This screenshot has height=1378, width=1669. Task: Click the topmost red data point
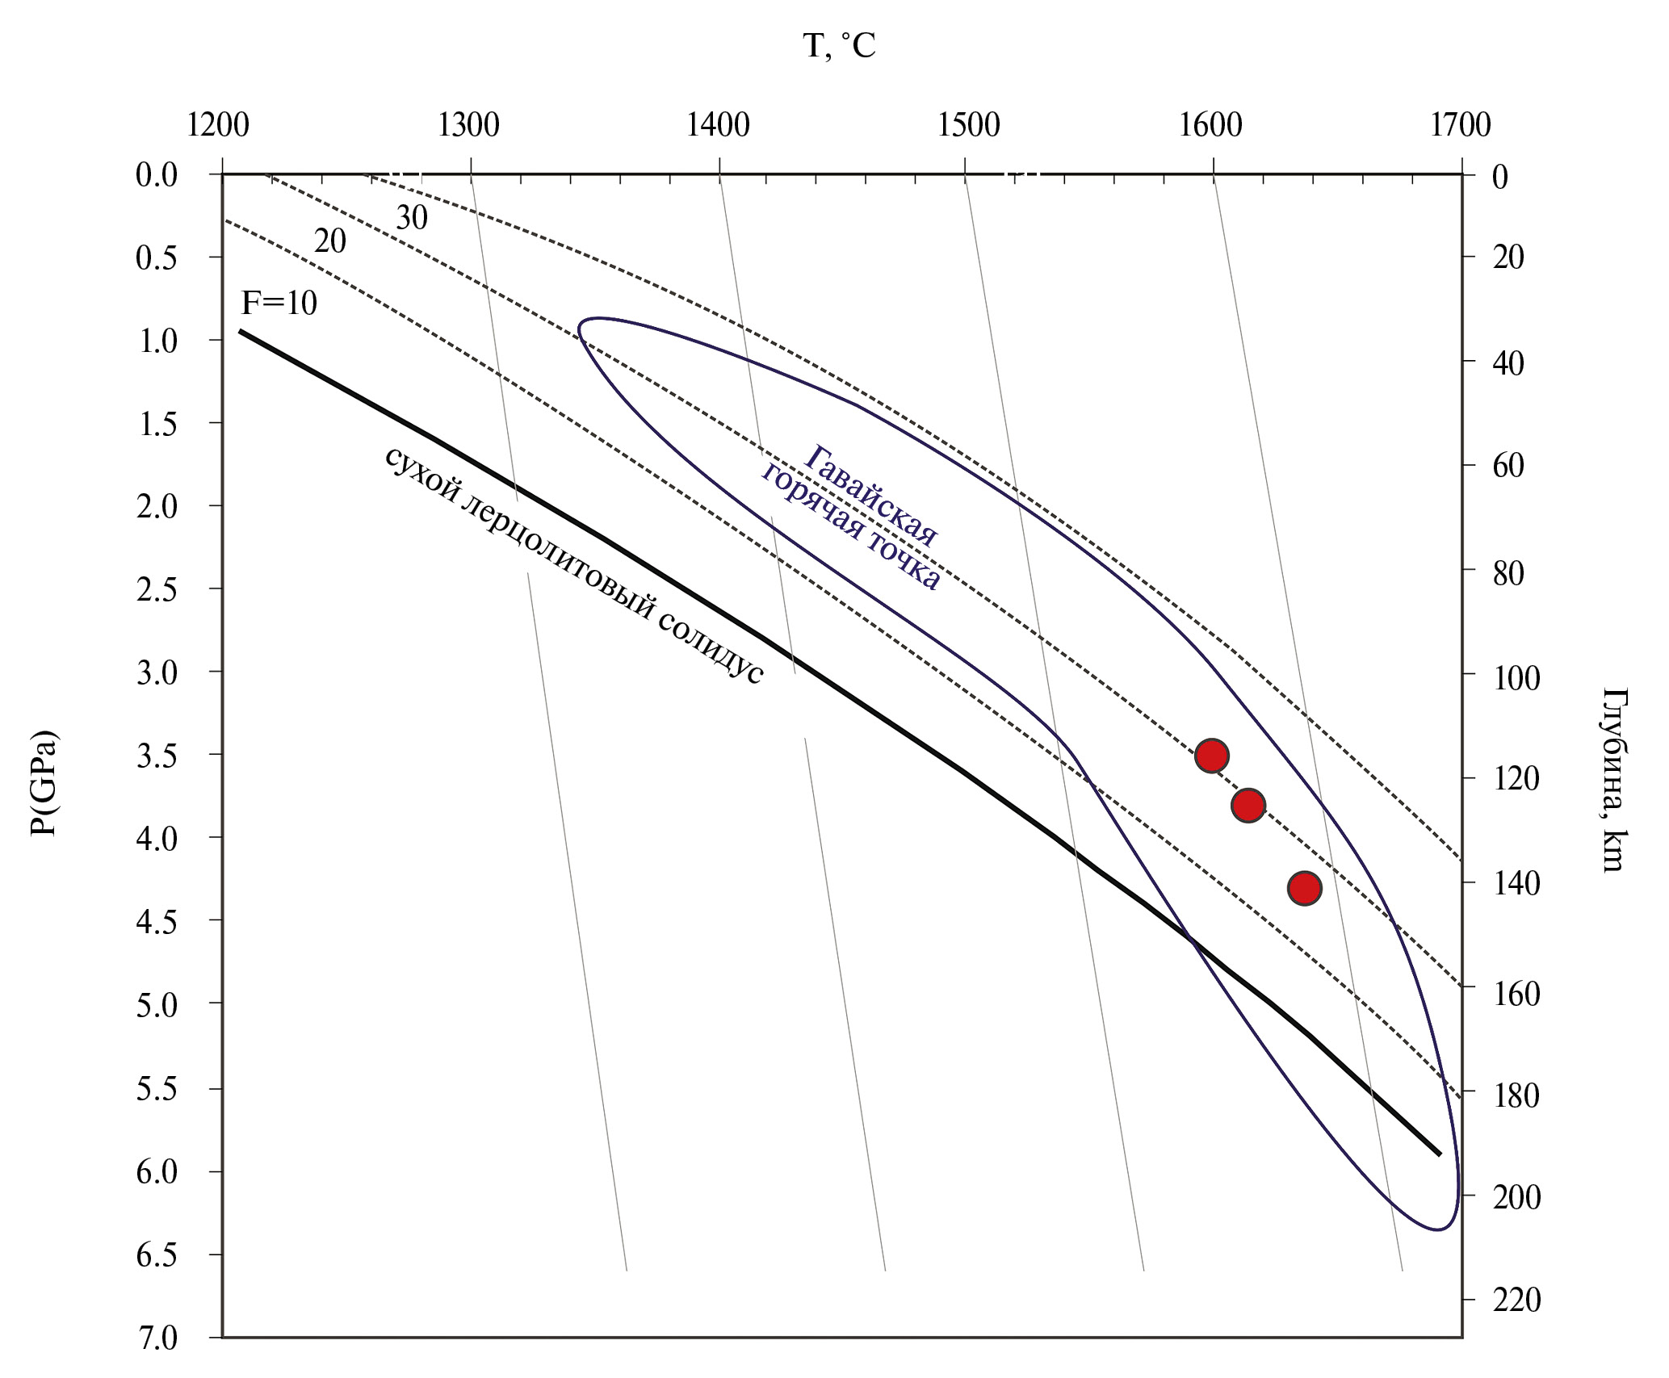1211,756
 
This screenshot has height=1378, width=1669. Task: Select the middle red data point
1248,805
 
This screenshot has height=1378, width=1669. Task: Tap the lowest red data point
1304,888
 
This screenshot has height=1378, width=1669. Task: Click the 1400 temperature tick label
718,125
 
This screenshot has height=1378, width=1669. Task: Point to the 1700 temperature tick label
1460,125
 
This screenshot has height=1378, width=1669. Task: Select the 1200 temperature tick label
218,125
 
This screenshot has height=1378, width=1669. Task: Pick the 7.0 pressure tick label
157,1338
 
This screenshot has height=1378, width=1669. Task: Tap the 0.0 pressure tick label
157,174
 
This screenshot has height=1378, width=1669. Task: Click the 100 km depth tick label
1516,678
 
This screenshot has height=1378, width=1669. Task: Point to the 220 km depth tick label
1516,1300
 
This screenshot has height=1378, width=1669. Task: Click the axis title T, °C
839,46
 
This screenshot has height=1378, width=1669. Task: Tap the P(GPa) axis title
44,783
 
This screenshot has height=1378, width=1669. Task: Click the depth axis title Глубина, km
1612,780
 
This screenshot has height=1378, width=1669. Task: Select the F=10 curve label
279,304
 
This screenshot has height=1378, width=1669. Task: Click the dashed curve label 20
329,241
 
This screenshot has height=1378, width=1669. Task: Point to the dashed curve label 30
412,218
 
